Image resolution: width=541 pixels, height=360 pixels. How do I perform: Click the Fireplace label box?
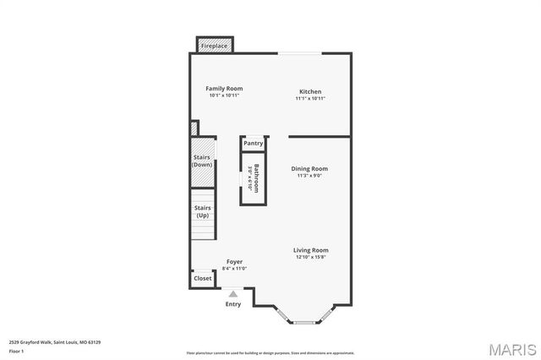(x=214, y=46)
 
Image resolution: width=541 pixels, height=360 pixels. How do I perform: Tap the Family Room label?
(x=225, y=89)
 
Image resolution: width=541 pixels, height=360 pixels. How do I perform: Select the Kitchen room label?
(x=310, y=91)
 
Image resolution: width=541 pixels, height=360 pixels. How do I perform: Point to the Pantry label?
(x=254, y=144)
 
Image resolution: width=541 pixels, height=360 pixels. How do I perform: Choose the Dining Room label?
(x=309, y=169)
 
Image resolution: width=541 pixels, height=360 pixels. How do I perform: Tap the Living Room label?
(x=310, y=250)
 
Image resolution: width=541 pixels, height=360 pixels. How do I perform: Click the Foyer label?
(x=234, y=262)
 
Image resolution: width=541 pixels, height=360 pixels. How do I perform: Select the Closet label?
(x=203, y=278)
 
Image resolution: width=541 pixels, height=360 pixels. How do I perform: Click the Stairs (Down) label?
(x=202, y=161)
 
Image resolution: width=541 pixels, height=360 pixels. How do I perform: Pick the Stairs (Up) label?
(x=202, y=211)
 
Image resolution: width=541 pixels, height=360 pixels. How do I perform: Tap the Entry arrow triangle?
(x=233, y=294)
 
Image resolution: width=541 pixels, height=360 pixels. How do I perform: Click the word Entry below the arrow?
(x=233, y=304)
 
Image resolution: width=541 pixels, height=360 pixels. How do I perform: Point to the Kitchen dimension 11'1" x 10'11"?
(x=310, y=99)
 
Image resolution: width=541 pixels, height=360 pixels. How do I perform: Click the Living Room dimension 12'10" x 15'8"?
(x=310, y=258)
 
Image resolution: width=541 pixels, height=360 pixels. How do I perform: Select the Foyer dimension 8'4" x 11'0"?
(x=234, y=269)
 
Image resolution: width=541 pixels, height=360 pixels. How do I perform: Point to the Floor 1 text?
(x=16, y=350)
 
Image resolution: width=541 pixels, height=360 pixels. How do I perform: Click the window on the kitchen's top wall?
(x=299, y=54)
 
